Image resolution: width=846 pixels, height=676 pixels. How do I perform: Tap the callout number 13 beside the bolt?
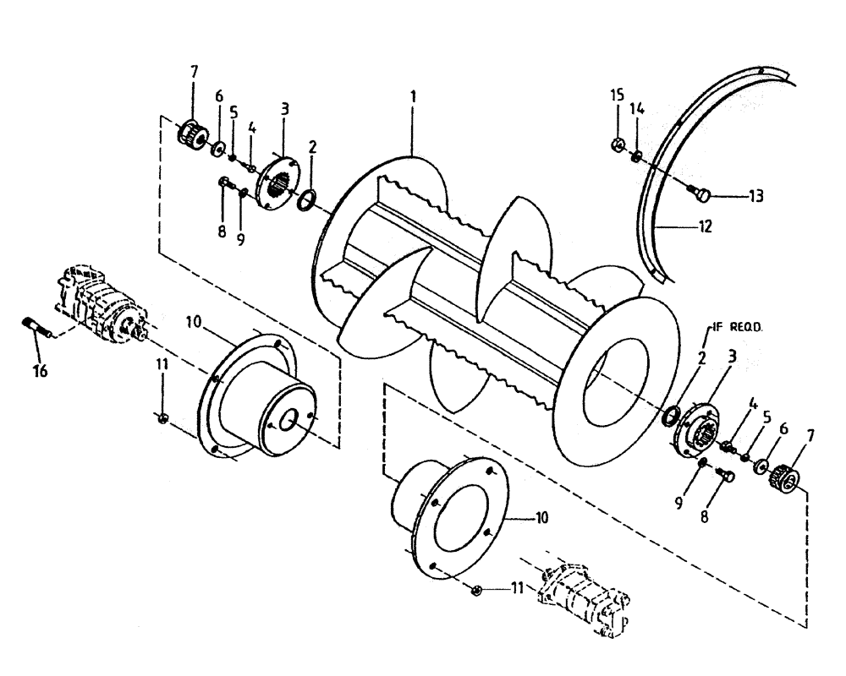pos(755,197)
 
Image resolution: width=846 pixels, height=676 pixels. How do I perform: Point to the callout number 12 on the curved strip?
pos(705,226)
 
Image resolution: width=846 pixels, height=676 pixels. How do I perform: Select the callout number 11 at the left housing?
pos(162,364)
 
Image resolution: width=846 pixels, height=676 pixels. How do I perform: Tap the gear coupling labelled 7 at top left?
pos(190,132)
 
